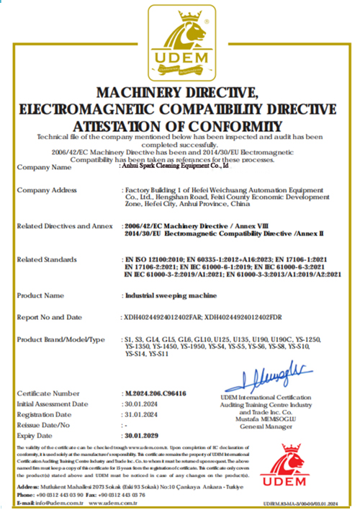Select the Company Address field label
[46, 189]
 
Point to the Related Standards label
[48, 259]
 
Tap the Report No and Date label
[50, 316]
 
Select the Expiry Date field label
[38, 436]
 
